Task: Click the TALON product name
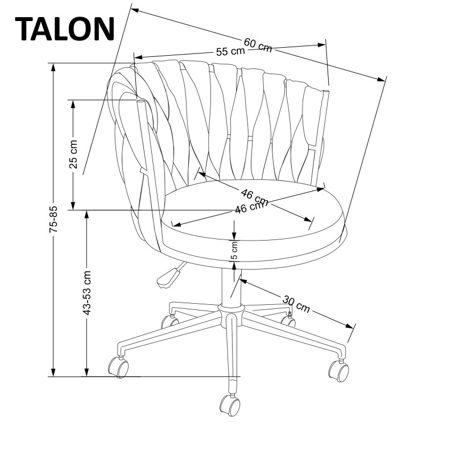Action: [66, 28]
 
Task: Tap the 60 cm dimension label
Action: [258, 44]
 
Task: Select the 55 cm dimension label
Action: [230, 51]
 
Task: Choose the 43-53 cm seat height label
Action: [86, 293]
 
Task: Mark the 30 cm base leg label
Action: [296, 304]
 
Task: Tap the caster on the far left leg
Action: [119, 367]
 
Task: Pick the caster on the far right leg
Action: [339, 370]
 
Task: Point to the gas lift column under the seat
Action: [230, 284]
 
